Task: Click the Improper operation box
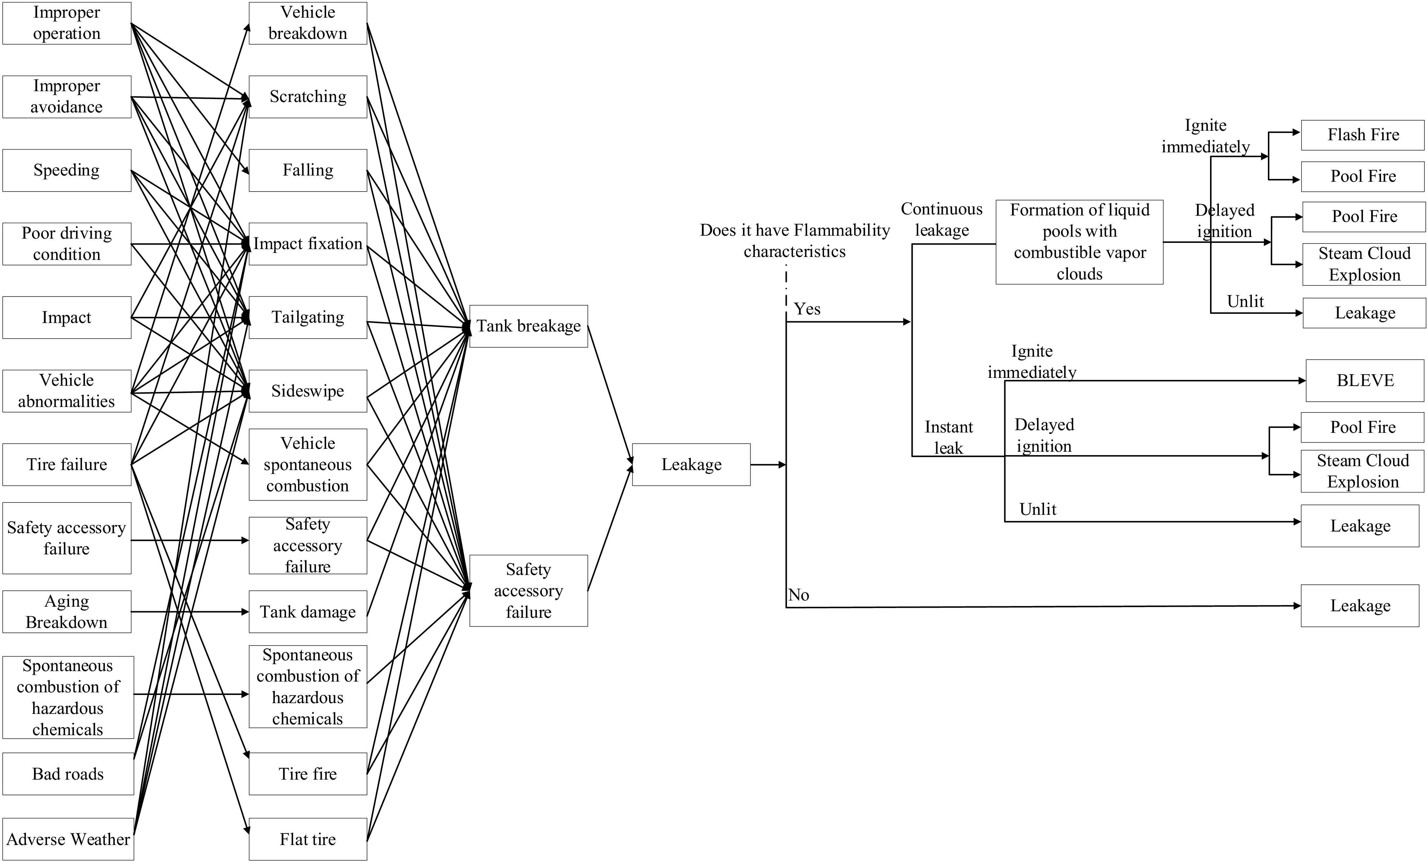67,23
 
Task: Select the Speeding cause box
67,170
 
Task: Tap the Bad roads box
68,774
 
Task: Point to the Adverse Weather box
68,839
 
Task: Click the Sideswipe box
308,391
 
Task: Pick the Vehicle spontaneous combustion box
308,464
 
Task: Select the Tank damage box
308,612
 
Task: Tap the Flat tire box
308,839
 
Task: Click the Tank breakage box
528,326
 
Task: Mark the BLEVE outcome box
1365,380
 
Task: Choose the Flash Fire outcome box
1363,135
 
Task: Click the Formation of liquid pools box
1079,242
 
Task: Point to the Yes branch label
807,309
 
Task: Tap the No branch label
799,595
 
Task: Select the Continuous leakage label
942,220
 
